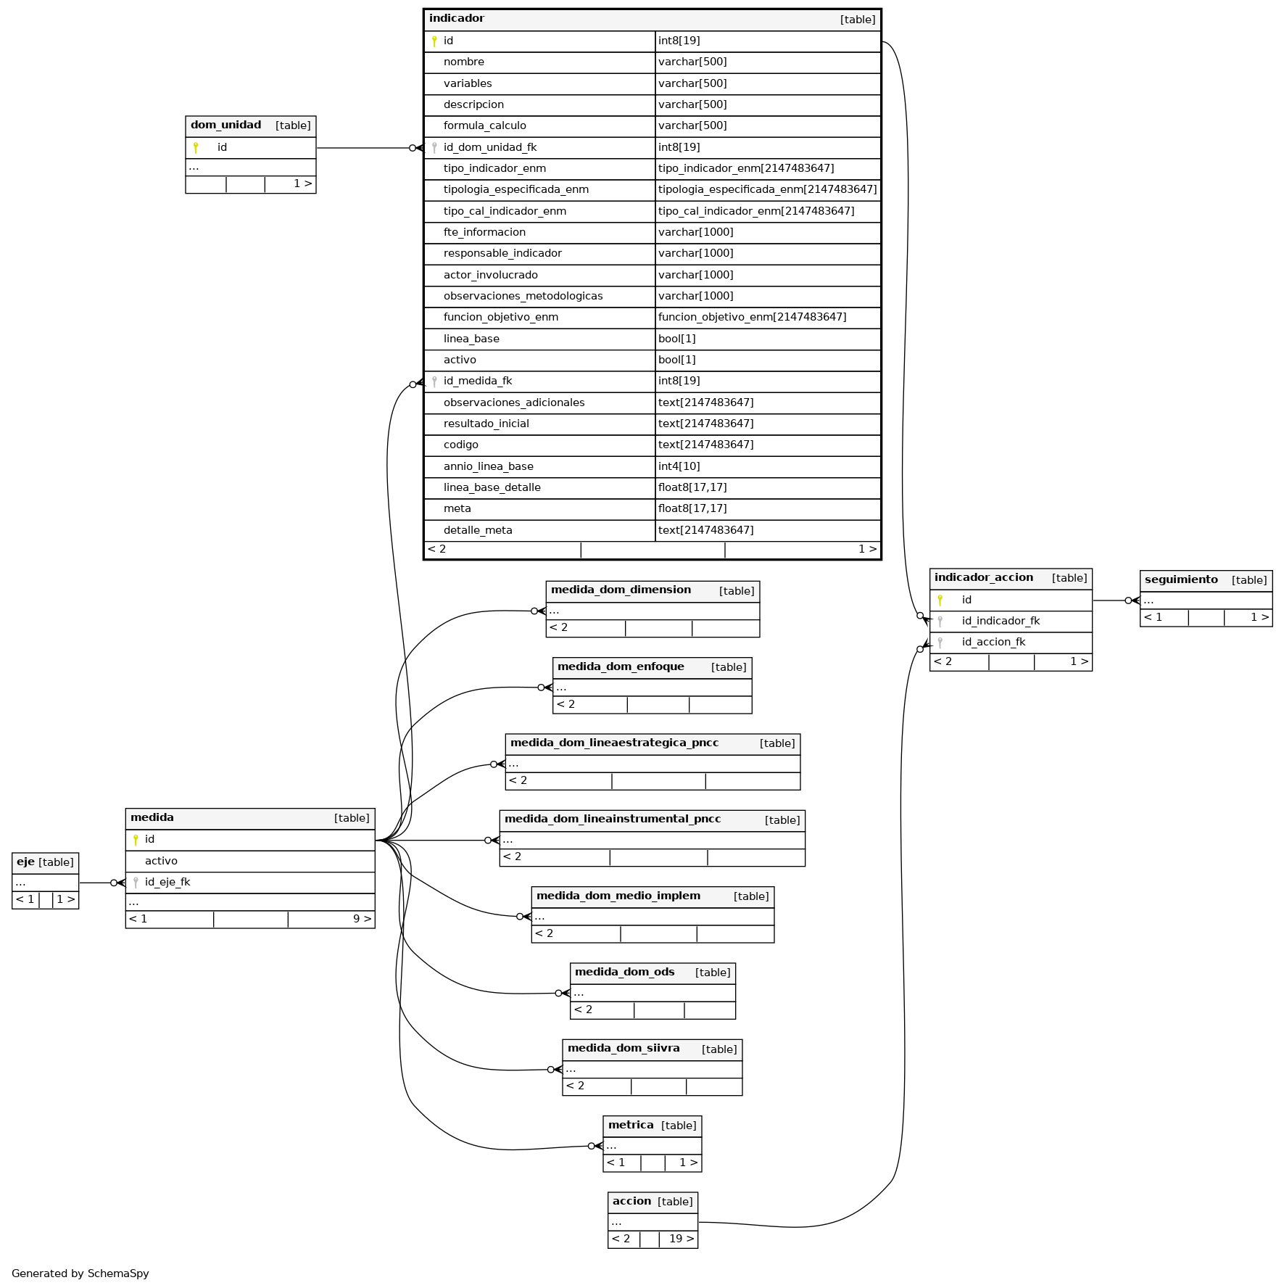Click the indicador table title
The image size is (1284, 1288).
pos(457,18)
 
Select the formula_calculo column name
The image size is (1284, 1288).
pos(485,125)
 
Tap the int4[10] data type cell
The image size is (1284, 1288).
pos(679,466)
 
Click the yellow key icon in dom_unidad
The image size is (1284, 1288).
pos(196,147)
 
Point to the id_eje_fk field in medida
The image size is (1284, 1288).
pos(167,882)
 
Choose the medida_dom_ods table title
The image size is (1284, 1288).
pos(625,972)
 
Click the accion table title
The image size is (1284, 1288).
pos(632,1201)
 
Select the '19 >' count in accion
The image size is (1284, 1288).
pos(682,1239)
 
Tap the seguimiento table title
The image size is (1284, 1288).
pos(1181,579)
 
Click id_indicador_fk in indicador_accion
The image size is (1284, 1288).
pos(1001,621)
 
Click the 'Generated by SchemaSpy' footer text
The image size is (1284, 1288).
pos(80,1273)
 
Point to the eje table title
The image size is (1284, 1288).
pos(25,862)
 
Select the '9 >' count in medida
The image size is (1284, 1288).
pos(363,919)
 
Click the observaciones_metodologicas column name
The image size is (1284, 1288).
pos(523,296)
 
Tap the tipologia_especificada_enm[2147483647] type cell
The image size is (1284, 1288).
pos(768,189)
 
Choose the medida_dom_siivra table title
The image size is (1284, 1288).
pos(624,1048)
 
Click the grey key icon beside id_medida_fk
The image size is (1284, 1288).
pos(434,381)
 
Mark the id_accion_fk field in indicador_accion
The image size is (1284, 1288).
pos(993,642)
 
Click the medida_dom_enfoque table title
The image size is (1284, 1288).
pos(621,666)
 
